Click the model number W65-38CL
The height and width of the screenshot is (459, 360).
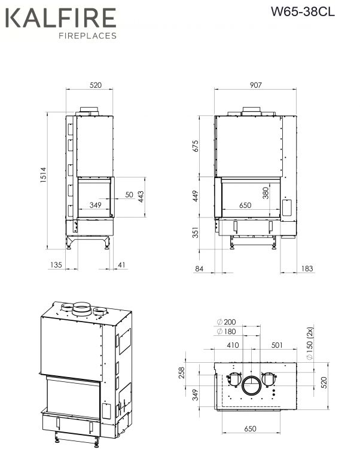[x=303, y=12]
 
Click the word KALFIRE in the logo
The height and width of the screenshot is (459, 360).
[x=60, y=18]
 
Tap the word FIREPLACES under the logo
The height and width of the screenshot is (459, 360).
[x=87, y=36]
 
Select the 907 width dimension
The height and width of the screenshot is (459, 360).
[x=255, y=85]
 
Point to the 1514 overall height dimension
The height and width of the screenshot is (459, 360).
[x=43, y=175]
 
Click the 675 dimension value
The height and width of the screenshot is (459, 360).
[x=196, y=146]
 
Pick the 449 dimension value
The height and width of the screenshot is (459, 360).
[x=196, y=196]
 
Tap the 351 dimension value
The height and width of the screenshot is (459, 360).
[x=196, y=232]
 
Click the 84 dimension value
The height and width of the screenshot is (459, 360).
[x=199, y=268]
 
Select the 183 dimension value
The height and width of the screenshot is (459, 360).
[x=307, y=268]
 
